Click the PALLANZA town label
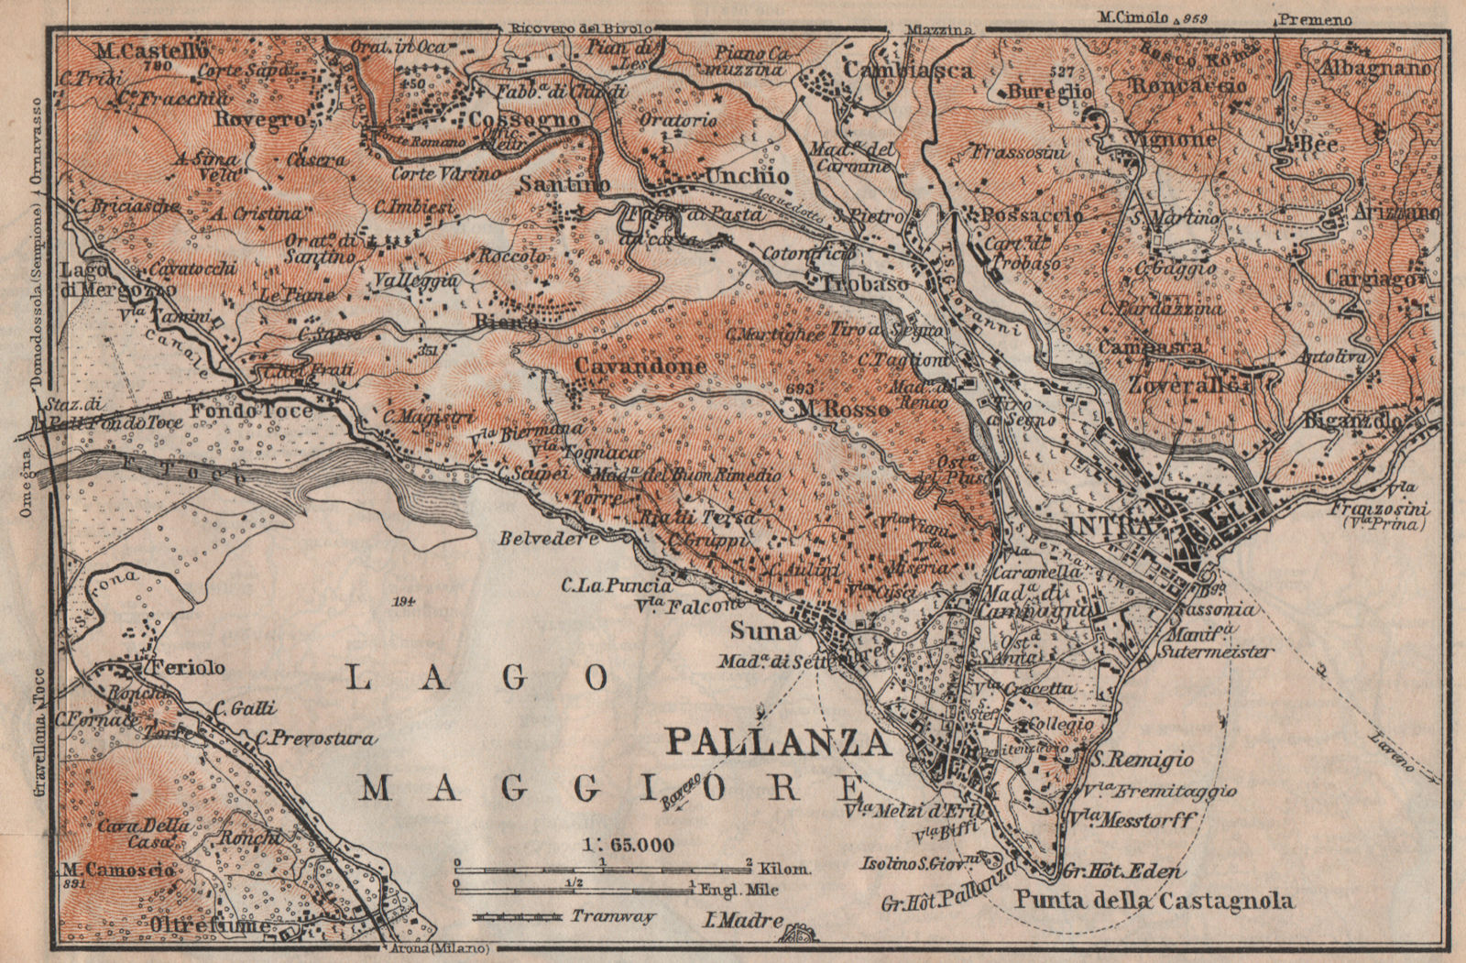coord(778,741)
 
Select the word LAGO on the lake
coord(480,678)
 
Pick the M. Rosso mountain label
coord(843,409)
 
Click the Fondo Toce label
coord(251,411)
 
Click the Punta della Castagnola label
coord(1154,901)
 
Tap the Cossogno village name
coord(524,120)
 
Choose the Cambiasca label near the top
coord(906,70)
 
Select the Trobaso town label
coord(866,285)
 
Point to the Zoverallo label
coord(1188,386)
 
